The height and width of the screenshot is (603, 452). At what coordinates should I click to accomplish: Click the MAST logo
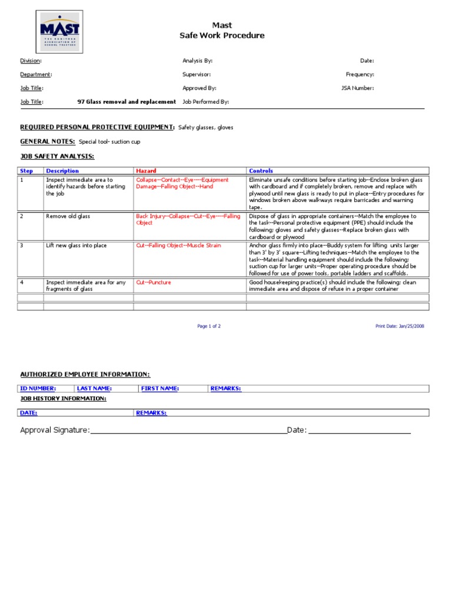click(x=59, y=31)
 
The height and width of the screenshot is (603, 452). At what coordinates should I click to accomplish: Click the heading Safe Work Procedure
click(x=222, y=35)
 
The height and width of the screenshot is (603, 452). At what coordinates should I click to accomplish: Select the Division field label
click(x=31, y=61)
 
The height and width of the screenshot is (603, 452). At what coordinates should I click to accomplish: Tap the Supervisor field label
click(x=197, y=74)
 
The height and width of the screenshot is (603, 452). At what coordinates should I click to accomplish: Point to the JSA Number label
click(x=357, y=88)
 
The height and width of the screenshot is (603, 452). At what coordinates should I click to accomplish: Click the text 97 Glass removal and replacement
click(x=127, y=102)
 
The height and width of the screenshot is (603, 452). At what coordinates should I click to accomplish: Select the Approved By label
click(x=199, y=88)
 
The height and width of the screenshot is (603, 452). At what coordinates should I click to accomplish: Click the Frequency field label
click(x=360, y=74)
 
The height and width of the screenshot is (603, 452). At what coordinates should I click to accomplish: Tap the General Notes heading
click(x=48, y=141)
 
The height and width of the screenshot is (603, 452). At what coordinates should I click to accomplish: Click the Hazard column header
click(x=146, y=171)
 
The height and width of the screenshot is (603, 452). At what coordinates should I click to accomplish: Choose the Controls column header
click(x=261, y=171)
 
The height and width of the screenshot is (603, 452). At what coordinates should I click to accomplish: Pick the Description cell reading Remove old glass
click(x=68, y=216)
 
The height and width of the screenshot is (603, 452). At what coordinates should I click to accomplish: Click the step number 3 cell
click(x=22, y=246)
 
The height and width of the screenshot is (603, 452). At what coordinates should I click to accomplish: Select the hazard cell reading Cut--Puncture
click(x=154, y=283)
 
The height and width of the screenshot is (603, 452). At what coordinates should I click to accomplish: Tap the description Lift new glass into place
click(x=76, y=246)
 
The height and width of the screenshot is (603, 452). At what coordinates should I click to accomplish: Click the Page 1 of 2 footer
click(x=209, y=326)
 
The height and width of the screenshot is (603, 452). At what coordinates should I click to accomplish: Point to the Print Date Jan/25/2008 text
click(x=398, y=326)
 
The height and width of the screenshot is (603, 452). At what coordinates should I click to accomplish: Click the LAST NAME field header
click(x=94, y=389)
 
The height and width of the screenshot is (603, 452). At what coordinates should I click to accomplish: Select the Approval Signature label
click(x=55, y=430)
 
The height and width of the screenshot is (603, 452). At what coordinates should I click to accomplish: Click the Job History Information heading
click(x=63, y=399)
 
